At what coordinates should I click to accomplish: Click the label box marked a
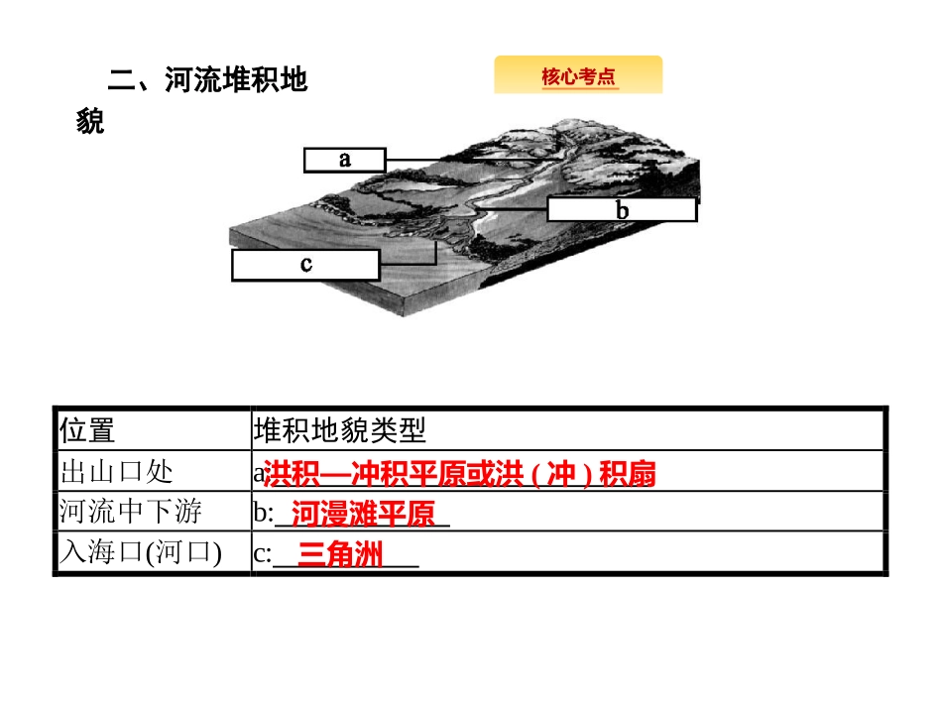click(x=343, y=160)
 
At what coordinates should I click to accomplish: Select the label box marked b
click(x=622, y=210)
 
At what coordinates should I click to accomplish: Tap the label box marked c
click(x=305, y=265)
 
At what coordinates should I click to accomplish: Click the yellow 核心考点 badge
click(x=578, y=76)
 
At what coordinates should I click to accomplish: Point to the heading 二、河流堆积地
click(x=208, y=79)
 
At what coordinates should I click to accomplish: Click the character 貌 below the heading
click(x=90, y=123)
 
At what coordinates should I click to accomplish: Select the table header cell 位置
click(x=87, y=430)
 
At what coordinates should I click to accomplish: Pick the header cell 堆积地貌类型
click(x=339, y=430)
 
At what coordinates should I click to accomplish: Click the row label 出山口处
click(x=116, y=471)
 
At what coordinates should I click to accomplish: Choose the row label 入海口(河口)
click(x=140, y=552)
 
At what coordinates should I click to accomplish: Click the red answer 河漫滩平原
click(x=364, y=515)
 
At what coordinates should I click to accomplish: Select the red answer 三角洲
click(x=340, y=555)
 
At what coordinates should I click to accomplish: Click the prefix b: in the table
click(x=263, y=515)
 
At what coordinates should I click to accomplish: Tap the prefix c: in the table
click(x=262, y=555)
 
